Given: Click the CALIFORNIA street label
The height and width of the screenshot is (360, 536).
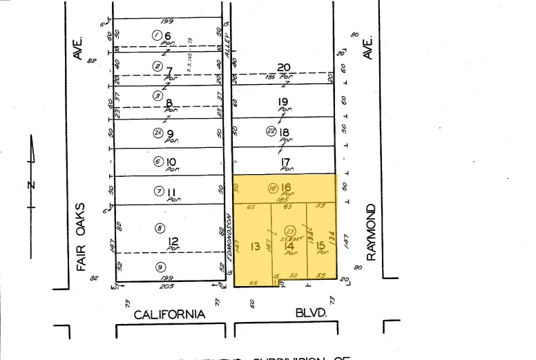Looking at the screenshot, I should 169,314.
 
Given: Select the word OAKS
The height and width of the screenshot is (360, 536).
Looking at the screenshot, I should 81,219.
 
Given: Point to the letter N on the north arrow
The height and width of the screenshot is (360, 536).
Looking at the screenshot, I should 30,184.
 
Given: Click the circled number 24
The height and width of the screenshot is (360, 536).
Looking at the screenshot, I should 158,133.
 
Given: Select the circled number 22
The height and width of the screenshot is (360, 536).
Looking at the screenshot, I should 271,131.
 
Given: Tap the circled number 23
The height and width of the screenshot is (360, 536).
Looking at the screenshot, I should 290,231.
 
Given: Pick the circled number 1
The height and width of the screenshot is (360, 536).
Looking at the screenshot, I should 157,35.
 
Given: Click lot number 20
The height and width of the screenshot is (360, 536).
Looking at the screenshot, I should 283,67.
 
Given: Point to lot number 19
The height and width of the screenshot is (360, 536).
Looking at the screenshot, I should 283,102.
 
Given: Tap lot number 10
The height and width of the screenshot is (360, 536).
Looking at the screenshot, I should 171,162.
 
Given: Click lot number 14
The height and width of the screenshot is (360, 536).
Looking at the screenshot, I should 289,246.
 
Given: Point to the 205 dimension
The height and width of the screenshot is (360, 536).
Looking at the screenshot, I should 166,285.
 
